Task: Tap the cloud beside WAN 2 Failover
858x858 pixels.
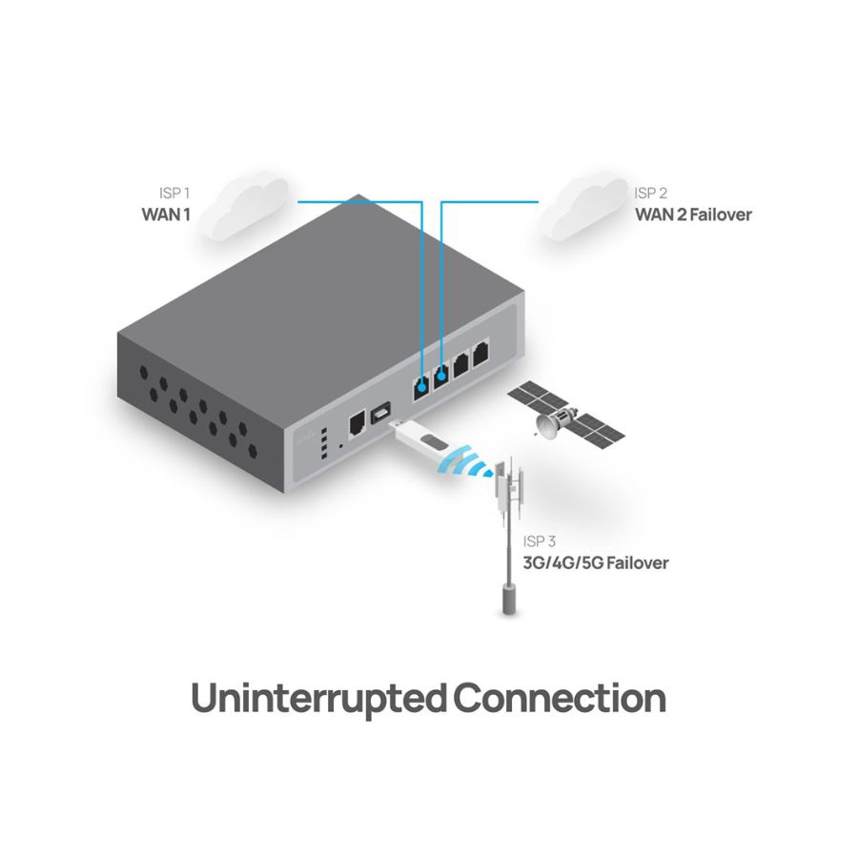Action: click(578, 207)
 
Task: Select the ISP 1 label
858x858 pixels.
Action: click(174, 194)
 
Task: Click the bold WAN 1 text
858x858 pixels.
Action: click(166, 214)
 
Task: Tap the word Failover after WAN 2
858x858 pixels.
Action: click(717, 214)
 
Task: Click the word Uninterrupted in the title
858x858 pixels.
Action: click(318, 699)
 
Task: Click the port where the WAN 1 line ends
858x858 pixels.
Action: click(420, 387)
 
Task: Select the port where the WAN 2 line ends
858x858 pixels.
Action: click(441, 378)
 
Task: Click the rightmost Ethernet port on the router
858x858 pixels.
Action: click(480, 352)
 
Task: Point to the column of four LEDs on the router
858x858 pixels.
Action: click(325, 444)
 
